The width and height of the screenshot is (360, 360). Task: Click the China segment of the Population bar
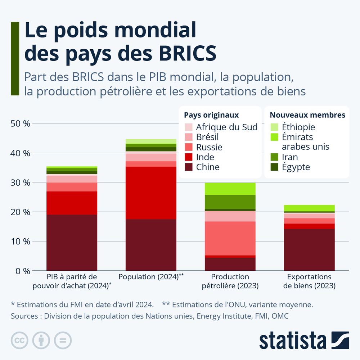(x=151, y=245)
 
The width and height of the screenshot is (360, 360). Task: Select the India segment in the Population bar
(x=151, y=193)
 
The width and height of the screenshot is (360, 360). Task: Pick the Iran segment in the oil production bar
(x=230, y=202)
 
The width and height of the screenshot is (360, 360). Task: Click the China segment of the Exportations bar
(x=309, y=249)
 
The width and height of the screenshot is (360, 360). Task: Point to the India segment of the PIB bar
(x=72, y=203)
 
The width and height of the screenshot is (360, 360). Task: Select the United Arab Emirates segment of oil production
(x=230, y=189)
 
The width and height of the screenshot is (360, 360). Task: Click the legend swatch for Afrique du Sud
(x=189, y=127)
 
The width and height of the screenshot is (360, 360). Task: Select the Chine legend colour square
(x=189, y=167)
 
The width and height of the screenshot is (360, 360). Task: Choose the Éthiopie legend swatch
(x=274, y=127)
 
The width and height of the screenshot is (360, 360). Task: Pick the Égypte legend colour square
(x=274, y=167)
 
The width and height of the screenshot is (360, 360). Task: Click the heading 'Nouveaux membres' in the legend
(x=307, y=115)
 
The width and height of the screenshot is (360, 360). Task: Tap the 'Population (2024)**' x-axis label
(x=151, y=277)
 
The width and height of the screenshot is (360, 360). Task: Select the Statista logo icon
(x=340, y=340)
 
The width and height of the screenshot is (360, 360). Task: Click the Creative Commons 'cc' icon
(x=20, y=340)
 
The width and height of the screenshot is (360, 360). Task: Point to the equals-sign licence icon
(x=63, y=340)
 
